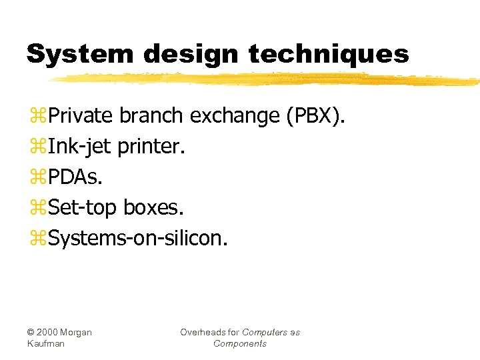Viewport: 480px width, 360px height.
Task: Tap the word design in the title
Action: click(x=176, y=53)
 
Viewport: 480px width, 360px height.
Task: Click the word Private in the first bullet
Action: click(x=82, y=116)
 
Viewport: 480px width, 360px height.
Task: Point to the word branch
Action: click(x=151, y=116)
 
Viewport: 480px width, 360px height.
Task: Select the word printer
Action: click(x=151, y=147)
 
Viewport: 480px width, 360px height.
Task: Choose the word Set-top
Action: click(x=84, y=208)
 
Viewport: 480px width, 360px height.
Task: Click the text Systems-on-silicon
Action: click(x=138, y=238)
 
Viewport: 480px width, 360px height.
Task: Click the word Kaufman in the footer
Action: click(x=46, y=343)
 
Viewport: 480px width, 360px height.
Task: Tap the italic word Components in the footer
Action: click(x=240, y=343)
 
